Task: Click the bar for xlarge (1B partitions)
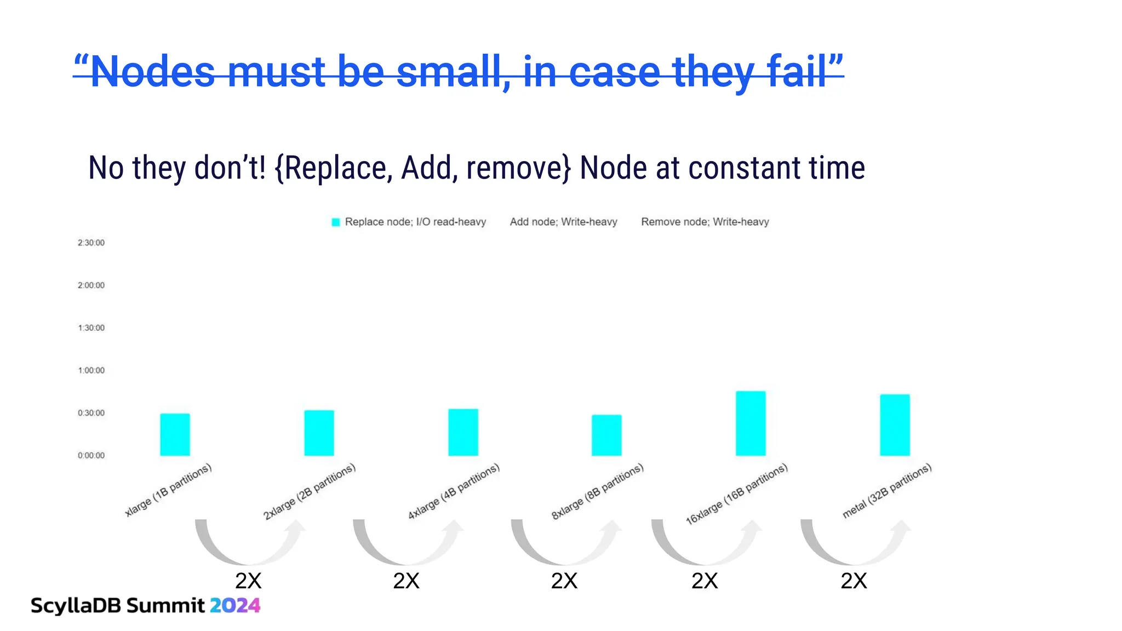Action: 175,434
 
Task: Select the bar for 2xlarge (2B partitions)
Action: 319,433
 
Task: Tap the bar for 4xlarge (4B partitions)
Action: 463,432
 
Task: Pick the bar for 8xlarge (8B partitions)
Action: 606,435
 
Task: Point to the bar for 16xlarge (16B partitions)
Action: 751,423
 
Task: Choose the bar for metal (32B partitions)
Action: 895,425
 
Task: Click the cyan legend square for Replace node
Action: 336,222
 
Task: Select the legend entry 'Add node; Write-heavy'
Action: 563,222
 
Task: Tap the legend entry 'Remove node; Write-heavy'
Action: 705,222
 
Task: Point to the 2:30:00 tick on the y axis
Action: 91,243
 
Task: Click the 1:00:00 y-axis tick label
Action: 91,370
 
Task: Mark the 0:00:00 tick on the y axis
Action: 91,455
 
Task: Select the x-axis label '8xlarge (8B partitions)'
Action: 597,492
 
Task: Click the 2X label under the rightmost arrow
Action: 854,581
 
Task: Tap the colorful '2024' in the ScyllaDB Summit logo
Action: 235,605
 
